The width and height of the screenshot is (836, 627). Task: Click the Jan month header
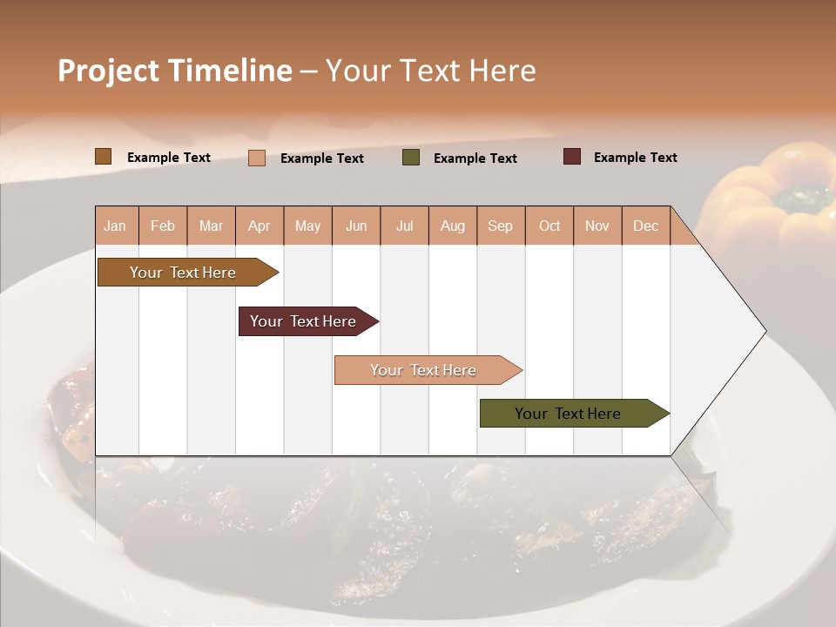[x=115, y=226]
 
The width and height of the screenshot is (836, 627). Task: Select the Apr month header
[x=260, y=226]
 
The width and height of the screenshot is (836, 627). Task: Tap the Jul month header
[x=405, y=226]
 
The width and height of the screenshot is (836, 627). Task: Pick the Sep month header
[x=500, y=226]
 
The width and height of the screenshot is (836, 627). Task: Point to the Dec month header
[x=645, y=226]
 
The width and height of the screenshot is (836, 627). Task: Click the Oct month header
[x=549, y=226]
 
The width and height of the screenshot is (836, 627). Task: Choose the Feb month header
[x=163, y=226]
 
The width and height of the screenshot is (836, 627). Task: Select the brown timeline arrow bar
[x=183, y=273]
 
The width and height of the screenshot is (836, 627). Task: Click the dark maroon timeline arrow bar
[x=303, y=321]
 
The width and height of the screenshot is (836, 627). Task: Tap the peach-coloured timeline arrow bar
[x=423, y=370]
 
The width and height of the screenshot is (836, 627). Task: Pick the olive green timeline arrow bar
[x=568, y=414]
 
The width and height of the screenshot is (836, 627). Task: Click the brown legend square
[x=103, y=157]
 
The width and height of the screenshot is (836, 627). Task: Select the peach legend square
[x=257, y=158]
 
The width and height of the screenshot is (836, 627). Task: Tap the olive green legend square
[x=411, y=158]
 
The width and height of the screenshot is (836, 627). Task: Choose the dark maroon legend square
[x=572, y=157]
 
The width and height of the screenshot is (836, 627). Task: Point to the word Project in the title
[x=107, y=70]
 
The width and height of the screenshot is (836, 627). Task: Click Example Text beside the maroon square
[x=635, y=157]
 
